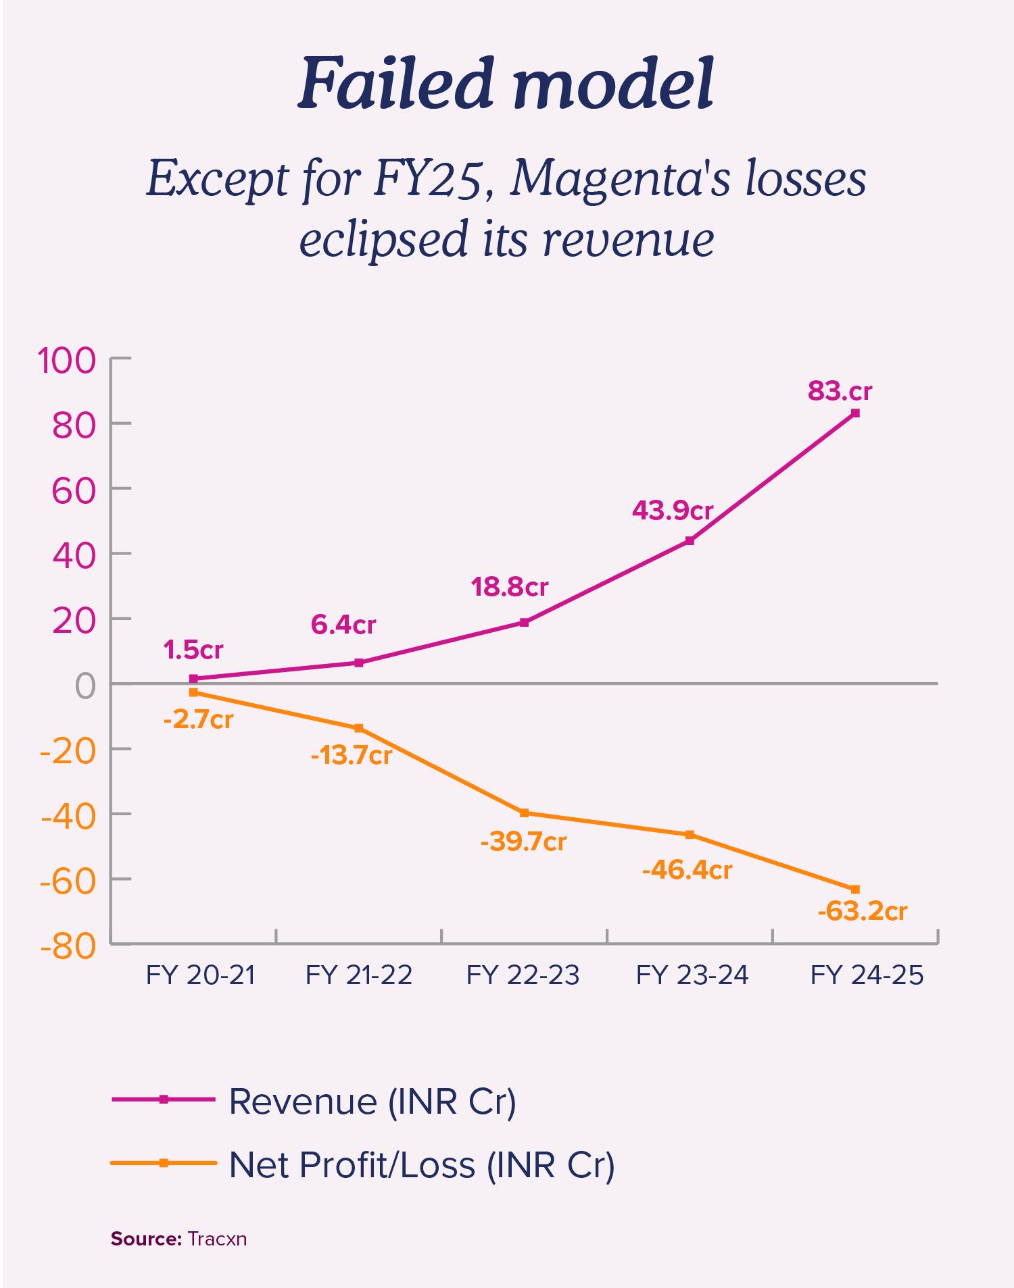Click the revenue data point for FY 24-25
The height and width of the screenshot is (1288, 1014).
click(855, 413)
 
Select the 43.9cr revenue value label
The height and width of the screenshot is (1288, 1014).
click(673, 511)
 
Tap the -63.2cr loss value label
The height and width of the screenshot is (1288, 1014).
click(862, 911)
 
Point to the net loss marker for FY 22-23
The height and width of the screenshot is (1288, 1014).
click(524, 813)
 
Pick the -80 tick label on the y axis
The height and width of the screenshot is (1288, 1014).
click(68, 946)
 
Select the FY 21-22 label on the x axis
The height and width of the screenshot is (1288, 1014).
click(359, 975)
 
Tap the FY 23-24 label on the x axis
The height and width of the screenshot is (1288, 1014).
click(692, 975)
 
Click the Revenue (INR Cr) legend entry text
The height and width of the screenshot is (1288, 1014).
click(372, 1102)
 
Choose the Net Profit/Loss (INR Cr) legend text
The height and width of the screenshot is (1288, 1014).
click(422, 1165)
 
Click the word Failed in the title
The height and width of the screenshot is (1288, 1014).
click(395, 84)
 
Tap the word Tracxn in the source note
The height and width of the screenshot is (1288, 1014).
click(217, 1239)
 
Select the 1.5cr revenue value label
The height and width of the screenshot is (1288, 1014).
click(193, 650)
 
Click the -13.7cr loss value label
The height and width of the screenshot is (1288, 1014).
click(351, 755)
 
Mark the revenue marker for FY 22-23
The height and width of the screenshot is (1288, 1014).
click(524, 622)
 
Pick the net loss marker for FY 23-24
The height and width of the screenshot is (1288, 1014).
click(690, 835)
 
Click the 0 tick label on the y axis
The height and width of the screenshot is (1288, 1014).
click(86, 686)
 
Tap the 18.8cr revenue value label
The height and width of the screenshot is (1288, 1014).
click(509, 587)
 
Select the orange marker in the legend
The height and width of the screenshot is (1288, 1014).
click(163, 1163)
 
